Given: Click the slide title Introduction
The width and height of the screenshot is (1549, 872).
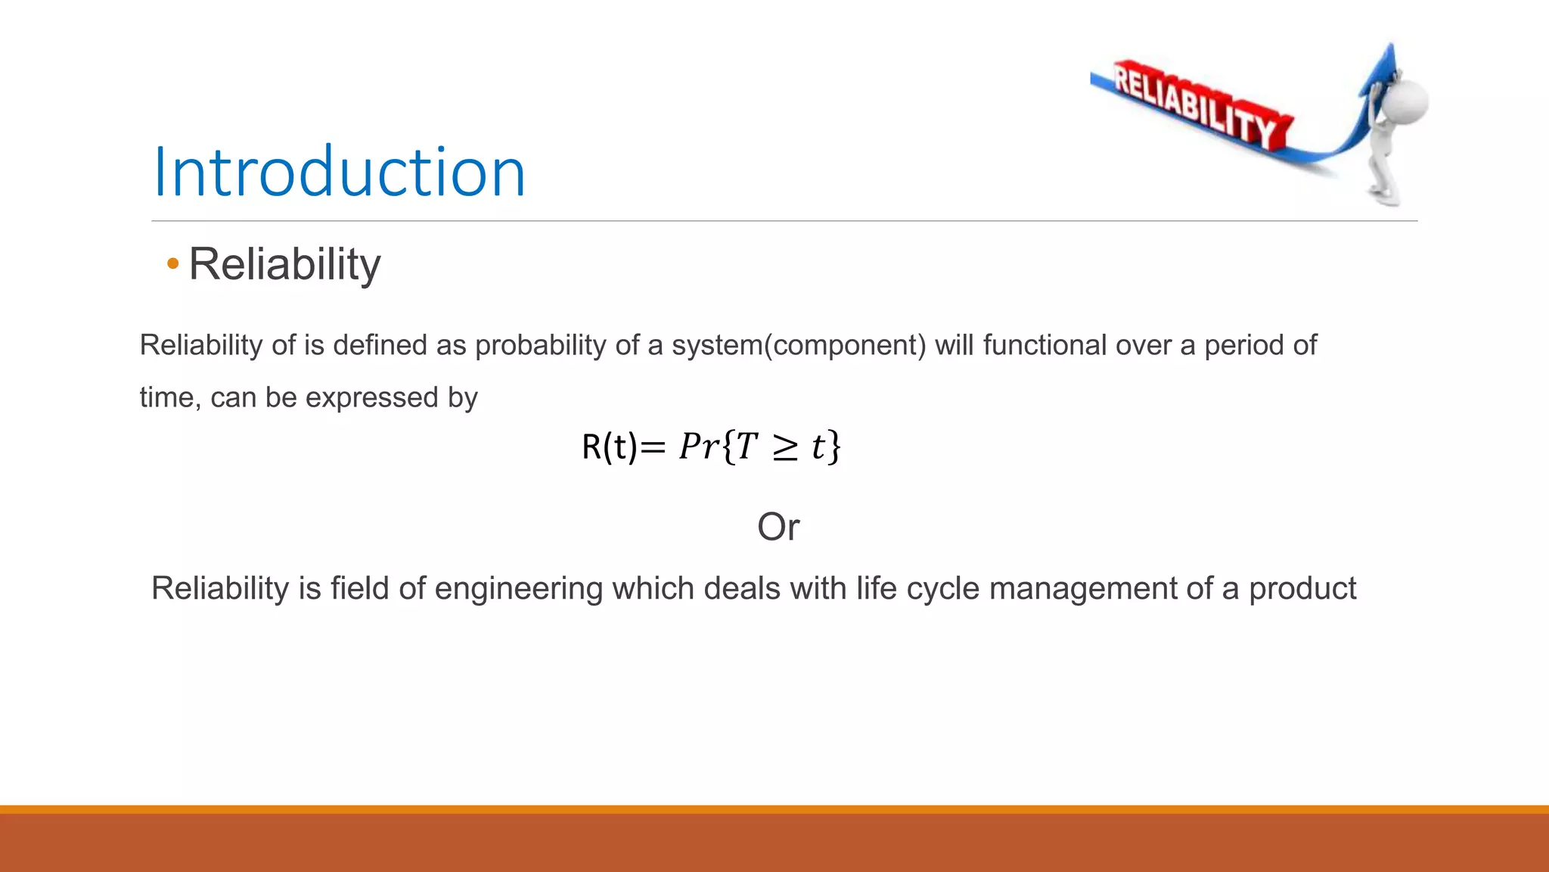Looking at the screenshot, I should [x=339, y=173].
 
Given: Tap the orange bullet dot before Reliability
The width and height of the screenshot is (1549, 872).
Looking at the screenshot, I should [x=173, y=264].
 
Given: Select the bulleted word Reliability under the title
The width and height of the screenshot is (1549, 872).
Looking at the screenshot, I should [x=284, y=264].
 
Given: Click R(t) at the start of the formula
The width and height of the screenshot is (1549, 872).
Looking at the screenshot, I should [x=609, y=447].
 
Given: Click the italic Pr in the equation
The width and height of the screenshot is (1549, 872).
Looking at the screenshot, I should [x=698, y=447].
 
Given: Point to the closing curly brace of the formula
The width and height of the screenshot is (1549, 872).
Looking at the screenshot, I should [x=833, y=447].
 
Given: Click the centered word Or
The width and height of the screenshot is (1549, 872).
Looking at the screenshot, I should [x=778, y=527].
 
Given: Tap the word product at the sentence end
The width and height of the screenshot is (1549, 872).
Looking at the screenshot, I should [x=1302, y=589].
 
